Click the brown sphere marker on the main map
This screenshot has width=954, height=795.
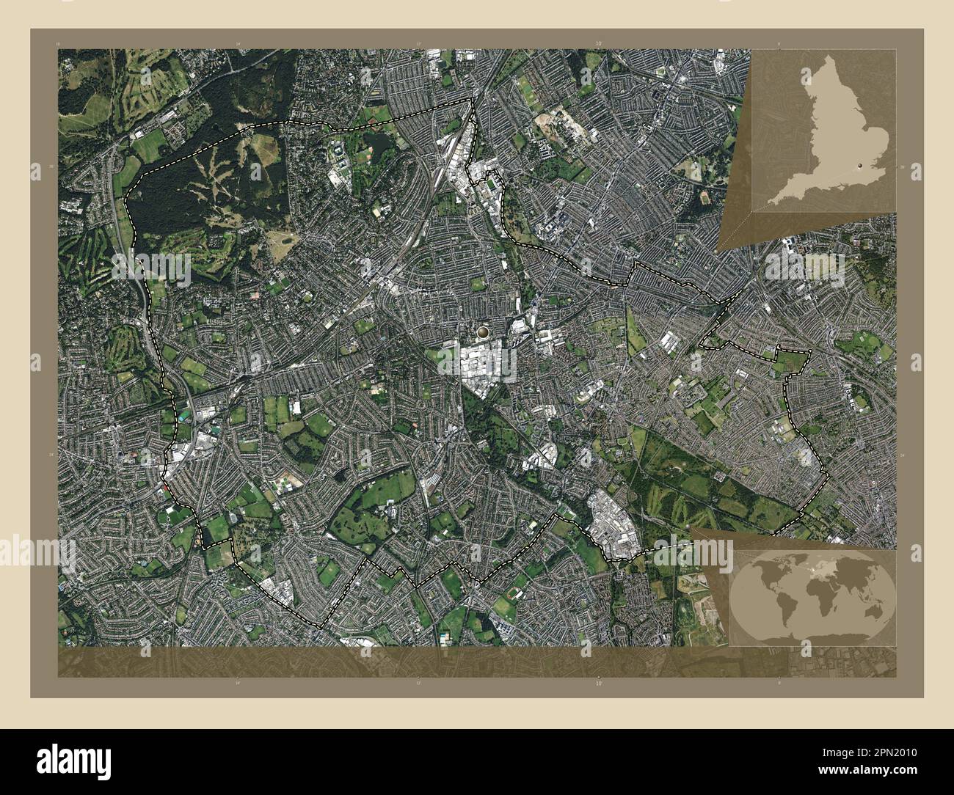tap(482, 334)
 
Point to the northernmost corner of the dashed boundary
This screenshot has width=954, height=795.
tap(471, 99)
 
